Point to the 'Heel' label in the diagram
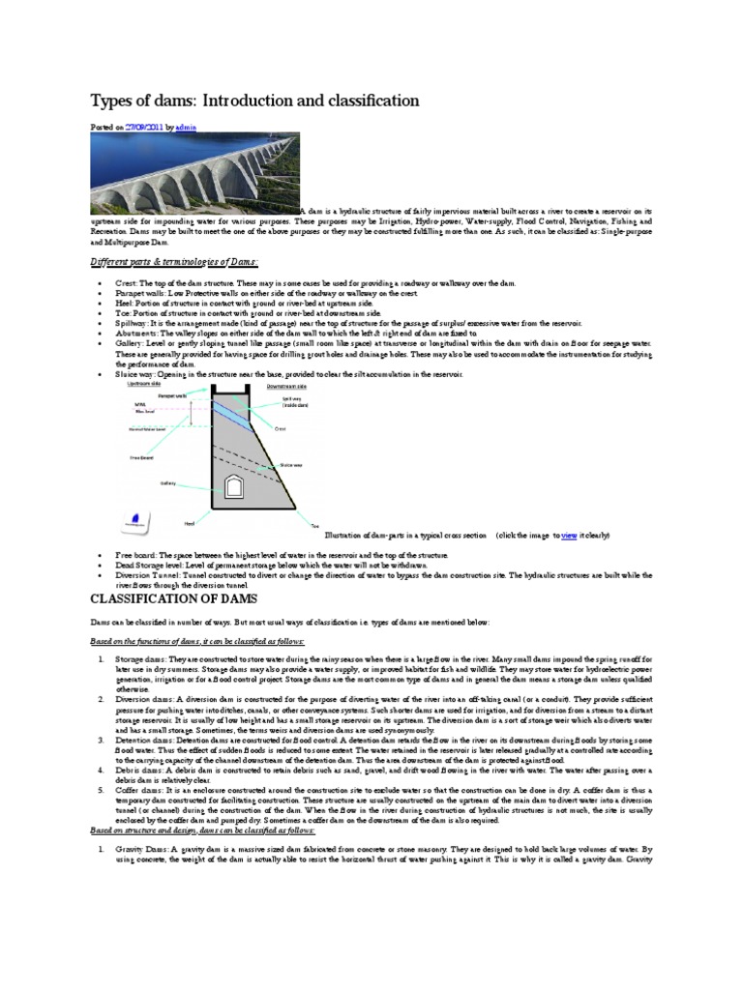[x=189, y=522]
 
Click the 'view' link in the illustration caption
[x=569, y=534]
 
